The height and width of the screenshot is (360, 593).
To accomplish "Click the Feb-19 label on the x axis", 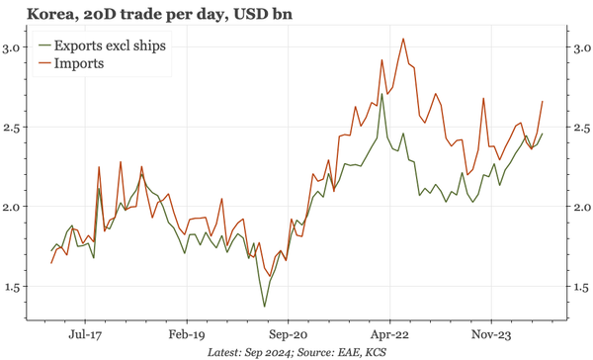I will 185,334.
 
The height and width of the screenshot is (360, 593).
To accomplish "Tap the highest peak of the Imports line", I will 403,39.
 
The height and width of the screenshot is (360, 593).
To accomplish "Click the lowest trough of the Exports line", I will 265,307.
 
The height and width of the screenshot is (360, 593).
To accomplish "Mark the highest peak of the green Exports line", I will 381,94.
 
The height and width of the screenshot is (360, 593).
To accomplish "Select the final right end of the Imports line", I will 542,101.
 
